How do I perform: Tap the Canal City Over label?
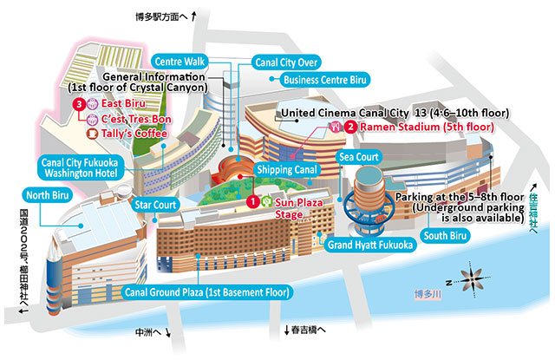coord(286,62)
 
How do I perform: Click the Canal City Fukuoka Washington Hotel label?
coord(85,167)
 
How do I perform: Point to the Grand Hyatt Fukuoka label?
coord(369,245)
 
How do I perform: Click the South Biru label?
coord(445,236)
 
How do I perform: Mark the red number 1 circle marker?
coord(251,201)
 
